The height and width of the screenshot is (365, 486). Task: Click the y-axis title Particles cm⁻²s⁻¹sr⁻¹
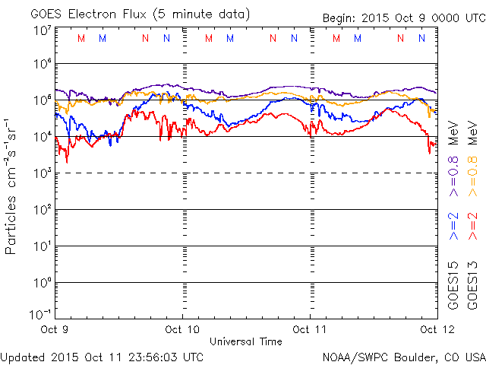(11, 186)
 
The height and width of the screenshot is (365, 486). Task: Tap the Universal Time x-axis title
(245, 341)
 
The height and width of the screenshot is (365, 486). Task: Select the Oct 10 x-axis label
(182, 330)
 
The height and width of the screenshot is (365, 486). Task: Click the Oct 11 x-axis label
(310, 330)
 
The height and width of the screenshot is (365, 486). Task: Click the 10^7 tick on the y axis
(43, 30)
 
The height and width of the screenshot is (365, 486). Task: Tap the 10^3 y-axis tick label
(43, 173)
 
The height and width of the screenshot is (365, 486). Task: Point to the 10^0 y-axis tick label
(43, 283)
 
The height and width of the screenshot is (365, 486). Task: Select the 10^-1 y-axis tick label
(41, 314)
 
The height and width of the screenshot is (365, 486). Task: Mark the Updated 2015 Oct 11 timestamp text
(102, 356)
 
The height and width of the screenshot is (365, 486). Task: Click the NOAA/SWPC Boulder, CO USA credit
(403, 356)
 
